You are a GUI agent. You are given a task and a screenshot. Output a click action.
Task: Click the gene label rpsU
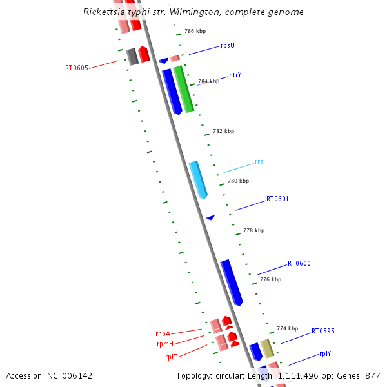coord(228,45)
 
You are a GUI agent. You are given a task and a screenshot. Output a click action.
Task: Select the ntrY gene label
coord(235,75)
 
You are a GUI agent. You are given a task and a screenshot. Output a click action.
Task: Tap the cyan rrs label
coord(259,161)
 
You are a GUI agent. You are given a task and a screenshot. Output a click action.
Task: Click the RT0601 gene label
coord(277,199)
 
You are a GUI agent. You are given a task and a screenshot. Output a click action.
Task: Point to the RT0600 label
coord(299,263)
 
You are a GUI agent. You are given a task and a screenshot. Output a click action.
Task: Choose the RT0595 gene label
coord(323,331)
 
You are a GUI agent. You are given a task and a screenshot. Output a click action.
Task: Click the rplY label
coord(326,353)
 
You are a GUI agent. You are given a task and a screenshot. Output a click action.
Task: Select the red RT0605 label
coord(77,67)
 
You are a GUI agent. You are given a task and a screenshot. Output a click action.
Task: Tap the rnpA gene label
coord(163,333)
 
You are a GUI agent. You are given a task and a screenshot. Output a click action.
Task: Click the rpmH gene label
coord(164,344)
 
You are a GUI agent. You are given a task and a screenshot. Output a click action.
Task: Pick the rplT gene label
coord(171,356)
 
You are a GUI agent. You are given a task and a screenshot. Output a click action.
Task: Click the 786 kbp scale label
coord(195,31)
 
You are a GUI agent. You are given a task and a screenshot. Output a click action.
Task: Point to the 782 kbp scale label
coord(223,131)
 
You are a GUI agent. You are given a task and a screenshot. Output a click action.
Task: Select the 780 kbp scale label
coord(238,181)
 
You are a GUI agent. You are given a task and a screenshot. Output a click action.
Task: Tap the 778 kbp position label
coord(253,230)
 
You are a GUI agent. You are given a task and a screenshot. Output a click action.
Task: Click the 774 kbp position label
coord(287,328)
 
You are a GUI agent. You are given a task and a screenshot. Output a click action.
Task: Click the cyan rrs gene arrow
coord(198,179)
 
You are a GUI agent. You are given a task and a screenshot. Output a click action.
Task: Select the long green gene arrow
coord(183,89)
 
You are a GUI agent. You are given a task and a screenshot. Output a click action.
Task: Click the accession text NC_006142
coord(49,375)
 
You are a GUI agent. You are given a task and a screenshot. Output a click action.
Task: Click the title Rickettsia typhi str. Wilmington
coord(193,12)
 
